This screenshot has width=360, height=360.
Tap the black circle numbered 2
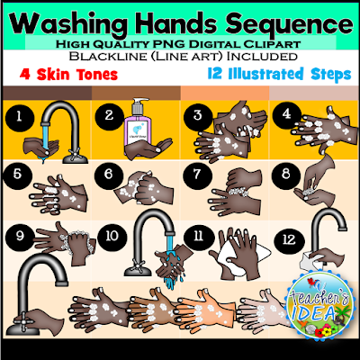pyautogui.click(x=111, y=115)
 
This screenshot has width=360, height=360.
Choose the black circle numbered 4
pyautogui.click(x=284, y=114)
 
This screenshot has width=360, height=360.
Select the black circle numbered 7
pyautogui.click(x=197, y=174)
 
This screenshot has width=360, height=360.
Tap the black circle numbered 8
pyautogui.click(x=284, y=174)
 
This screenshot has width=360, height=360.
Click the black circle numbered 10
pyautogui.click(x=111, y=236)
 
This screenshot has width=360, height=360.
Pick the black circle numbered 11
pyautogui.click(x=197, y=236)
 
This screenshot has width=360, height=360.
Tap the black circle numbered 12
pyautogui.click(x=284, y=238)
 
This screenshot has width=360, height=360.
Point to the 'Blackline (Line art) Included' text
pyautogui.click(x=180, y=57)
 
